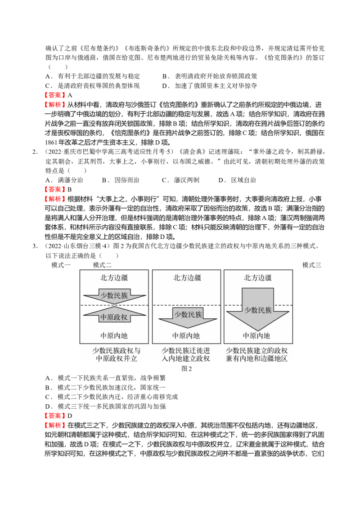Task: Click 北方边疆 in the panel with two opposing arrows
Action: [x=114, y=278]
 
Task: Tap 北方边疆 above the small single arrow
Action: [x=187, y=278]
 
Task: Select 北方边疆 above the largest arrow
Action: [x=257, y=278]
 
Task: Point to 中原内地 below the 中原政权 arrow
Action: [x=114, y=336]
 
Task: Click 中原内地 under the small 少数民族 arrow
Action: [x=186, y=336]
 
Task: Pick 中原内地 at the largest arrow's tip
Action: [x=256, y=336]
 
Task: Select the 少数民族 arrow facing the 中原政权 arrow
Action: [x=114, y=295]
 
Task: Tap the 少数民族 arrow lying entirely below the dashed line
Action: [x=188, y=316]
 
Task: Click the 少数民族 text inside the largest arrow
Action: [x=258, y=310]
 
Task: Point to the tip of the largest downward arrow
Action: [x=257, y=330]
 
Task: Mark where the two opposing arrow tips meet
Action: [x=114, y=306]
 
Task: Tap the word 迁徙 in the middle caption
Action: [x=196, y=350]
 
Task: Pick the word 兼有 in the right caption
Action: [x=233, y=359]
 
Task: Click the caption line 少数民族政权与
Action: [x=116, y=350]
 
